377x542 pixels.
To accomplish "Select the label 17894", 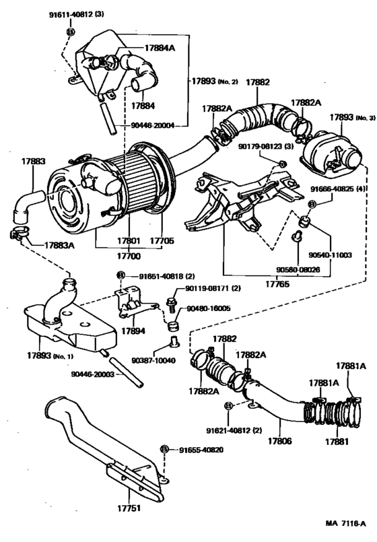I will point(133,332).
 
